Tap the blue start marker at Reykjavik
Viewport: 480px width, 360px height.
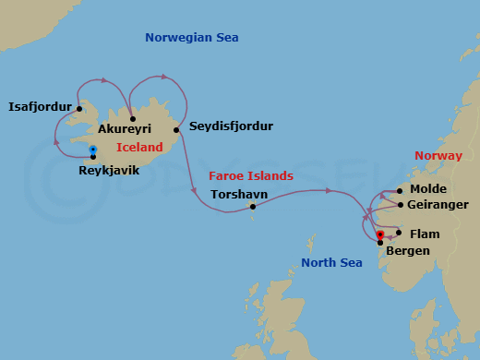point(93,150)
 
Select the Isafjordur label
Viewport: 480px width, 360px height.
point(40,107)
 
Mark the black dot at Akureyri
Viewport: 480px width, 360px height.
point(133,118)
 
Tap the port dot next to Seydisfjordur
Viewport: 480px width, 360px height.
point(175,130)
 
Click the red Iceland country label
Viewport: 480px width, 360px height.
point(139,147)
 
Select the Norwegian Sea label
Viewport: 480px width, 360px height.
point(192,38)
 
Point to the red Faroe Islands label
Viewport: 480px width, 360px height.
point(251,175)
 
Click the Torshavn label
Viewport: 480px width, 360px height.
point(239,195)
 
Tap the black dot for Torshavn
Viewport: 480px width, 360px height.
point(252,207)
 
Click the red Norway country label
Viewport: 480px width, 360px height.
point(438,155)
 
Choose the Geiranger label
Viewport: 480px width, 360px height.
point(438,204)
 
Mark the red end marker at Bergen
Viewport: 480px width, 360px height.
point(380,234)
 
